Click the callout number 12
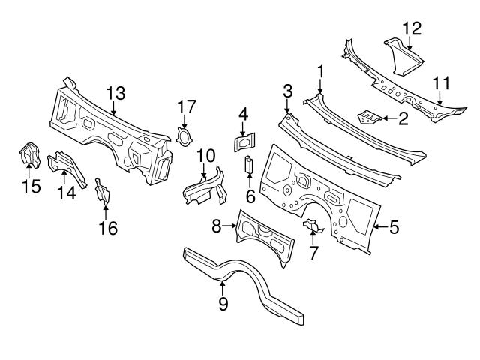[x=412, y=28]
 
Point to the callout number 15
[x=31, y=186]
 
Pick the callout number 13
[x=115, y=93]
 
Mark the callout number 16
[x=109, y=228]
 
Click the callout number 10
[x=206, y=157]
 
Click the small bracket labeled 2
[x=369, y=116]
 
